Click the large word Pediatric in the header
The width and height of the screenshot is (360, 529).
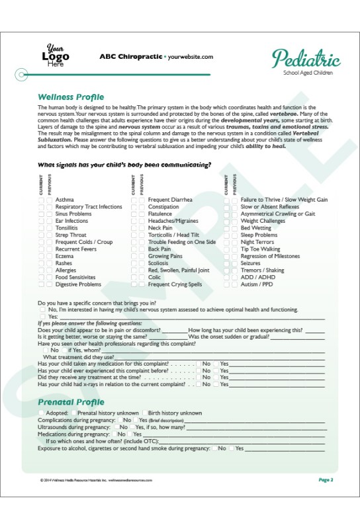pos(306,59)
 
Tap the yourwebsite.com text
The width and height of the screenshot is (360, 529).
pos(191,57)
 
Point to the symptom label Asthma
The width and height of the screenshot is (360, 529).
pos(65,199)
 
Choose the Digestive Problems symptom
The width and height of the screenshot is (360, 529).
pos(78,284)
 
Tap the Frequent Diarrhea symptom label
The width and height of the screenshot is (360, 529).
pos(170,199)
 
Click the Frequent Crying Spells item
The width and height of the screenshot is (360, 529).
pos(175,284)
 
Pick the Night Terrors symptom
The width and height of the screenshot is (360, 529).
pos(257,242)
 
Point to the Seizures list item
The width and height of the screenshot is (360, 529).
pos(251,263)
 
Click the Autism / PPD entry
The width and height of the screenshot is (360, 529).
pos(257,284)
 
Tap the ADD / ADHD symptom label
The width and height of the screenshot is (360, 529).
pos(258,278)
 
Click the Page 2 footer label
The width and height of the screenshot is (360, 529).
pos(326,479)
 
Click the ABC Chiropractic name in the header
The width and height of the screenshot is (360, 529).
pos(130,57)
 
